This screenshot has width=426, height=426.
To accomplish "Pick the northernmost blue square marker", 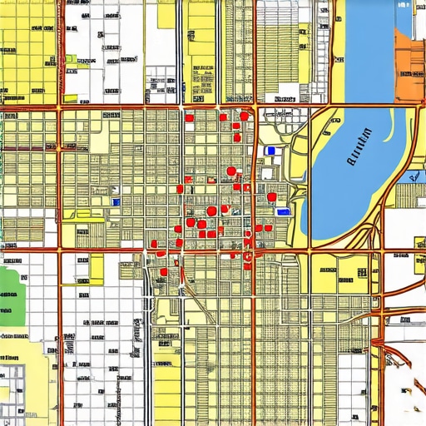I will (x=270, y=151).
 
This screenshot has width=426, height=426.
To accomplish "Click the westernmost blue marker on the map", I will (x=116, y=201).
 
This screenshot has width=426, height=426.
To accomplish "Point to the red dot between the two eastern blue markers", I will (x=271, y=197).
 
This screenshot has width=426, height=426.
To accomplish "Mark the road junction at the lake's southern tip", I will (x=310, y=248).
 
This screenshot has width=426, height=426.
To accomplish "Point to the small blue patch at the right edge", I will (x=414, y=176).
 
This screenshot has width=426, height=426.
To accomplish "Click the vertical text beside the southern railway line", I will (x=135, y=333).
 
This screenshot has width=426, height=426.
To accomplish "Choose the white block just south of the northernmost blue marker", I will (x=267, y=173).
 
